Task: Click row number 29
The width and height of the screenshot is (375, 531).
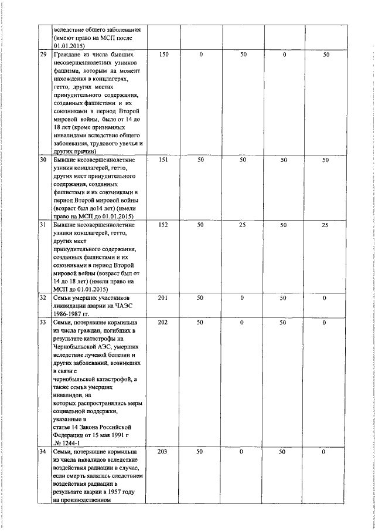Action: [x=43, y=55]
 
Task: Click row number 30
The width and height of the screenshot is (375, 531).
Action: [x=43, y=160]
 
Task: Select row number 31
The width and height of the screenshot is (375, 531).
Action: [x=43, y=225]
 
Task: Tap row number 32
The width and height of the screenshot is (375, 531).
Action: [x=43, y=298]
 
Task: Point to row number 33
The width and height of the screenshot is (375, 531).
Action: [x=43, y=322]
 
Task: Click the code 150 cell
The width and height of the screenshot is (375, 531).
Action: [x=164, y=55]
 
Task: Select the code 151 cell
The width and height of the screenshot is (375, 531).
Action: [x=164, y=160]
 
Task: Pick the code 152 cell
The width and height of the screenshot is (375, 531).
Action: [x=164, y=225]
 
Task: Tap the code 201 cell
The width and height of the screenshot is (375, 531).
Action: [x=164, y=298]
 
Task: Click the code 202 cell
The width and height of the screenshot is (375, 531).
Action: [x=164, y=322]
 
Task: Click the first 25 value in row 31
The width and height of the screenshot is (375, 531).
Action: [x=243, y=225]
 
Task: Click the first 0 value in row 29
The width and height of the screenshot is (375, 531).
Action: [x=201, y=55]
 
